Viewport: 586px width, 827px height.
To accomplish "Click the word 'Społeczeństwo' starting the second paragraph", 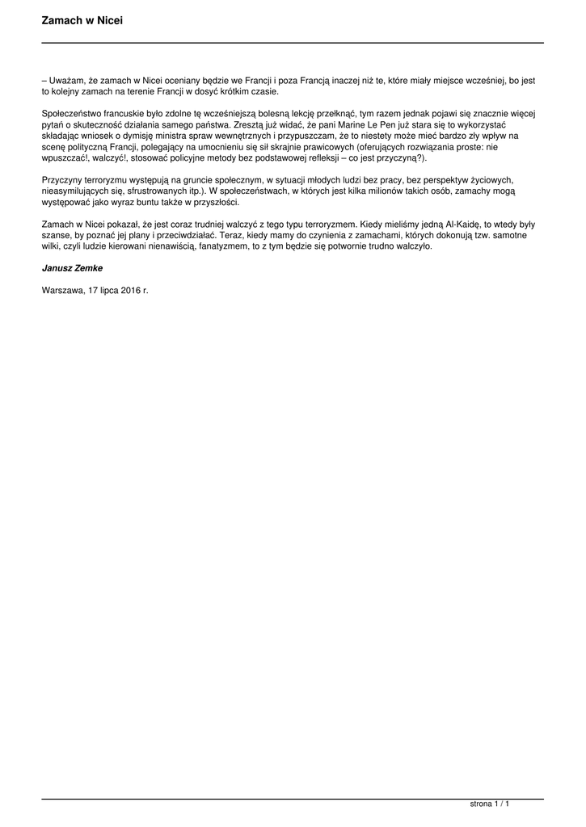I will coord(73,115).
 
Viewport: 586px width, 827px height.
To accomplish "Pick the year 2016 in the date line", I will coord(131,288).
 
